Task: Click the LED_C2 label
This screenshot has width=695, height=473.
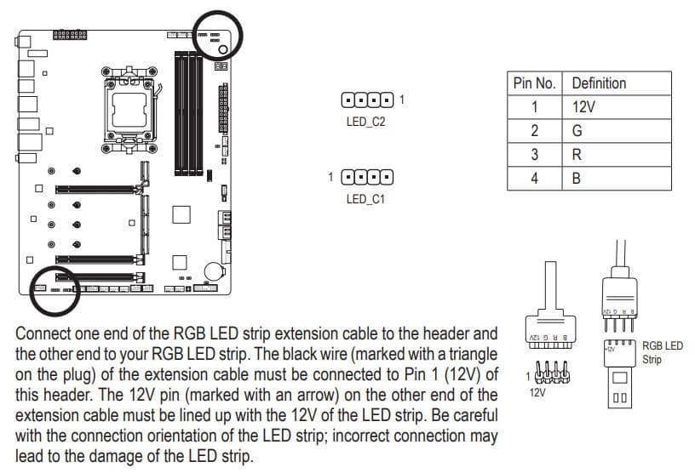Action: tap(366, 123)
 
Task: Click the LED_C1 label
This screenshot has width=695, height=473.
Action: tap(366, 199)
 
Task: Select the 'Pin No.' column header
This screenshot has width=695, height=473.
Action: tap(534, 83)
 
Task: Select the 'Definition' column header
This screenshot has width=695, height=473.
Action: tap(599, 83)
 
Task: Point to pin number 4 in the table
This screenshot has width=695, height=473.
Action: tap(535, 179)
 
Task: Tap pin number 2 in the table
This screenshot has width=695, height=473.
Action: tap(535, 131)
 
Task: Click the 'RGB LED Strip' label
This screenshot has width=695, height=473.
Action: tap(663, 352)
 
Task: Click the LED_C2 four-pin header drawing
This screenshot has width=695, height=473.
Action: tap(367, 100)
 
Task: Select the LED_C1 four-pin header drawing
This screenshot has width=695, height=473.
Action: tap(367, 177)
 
